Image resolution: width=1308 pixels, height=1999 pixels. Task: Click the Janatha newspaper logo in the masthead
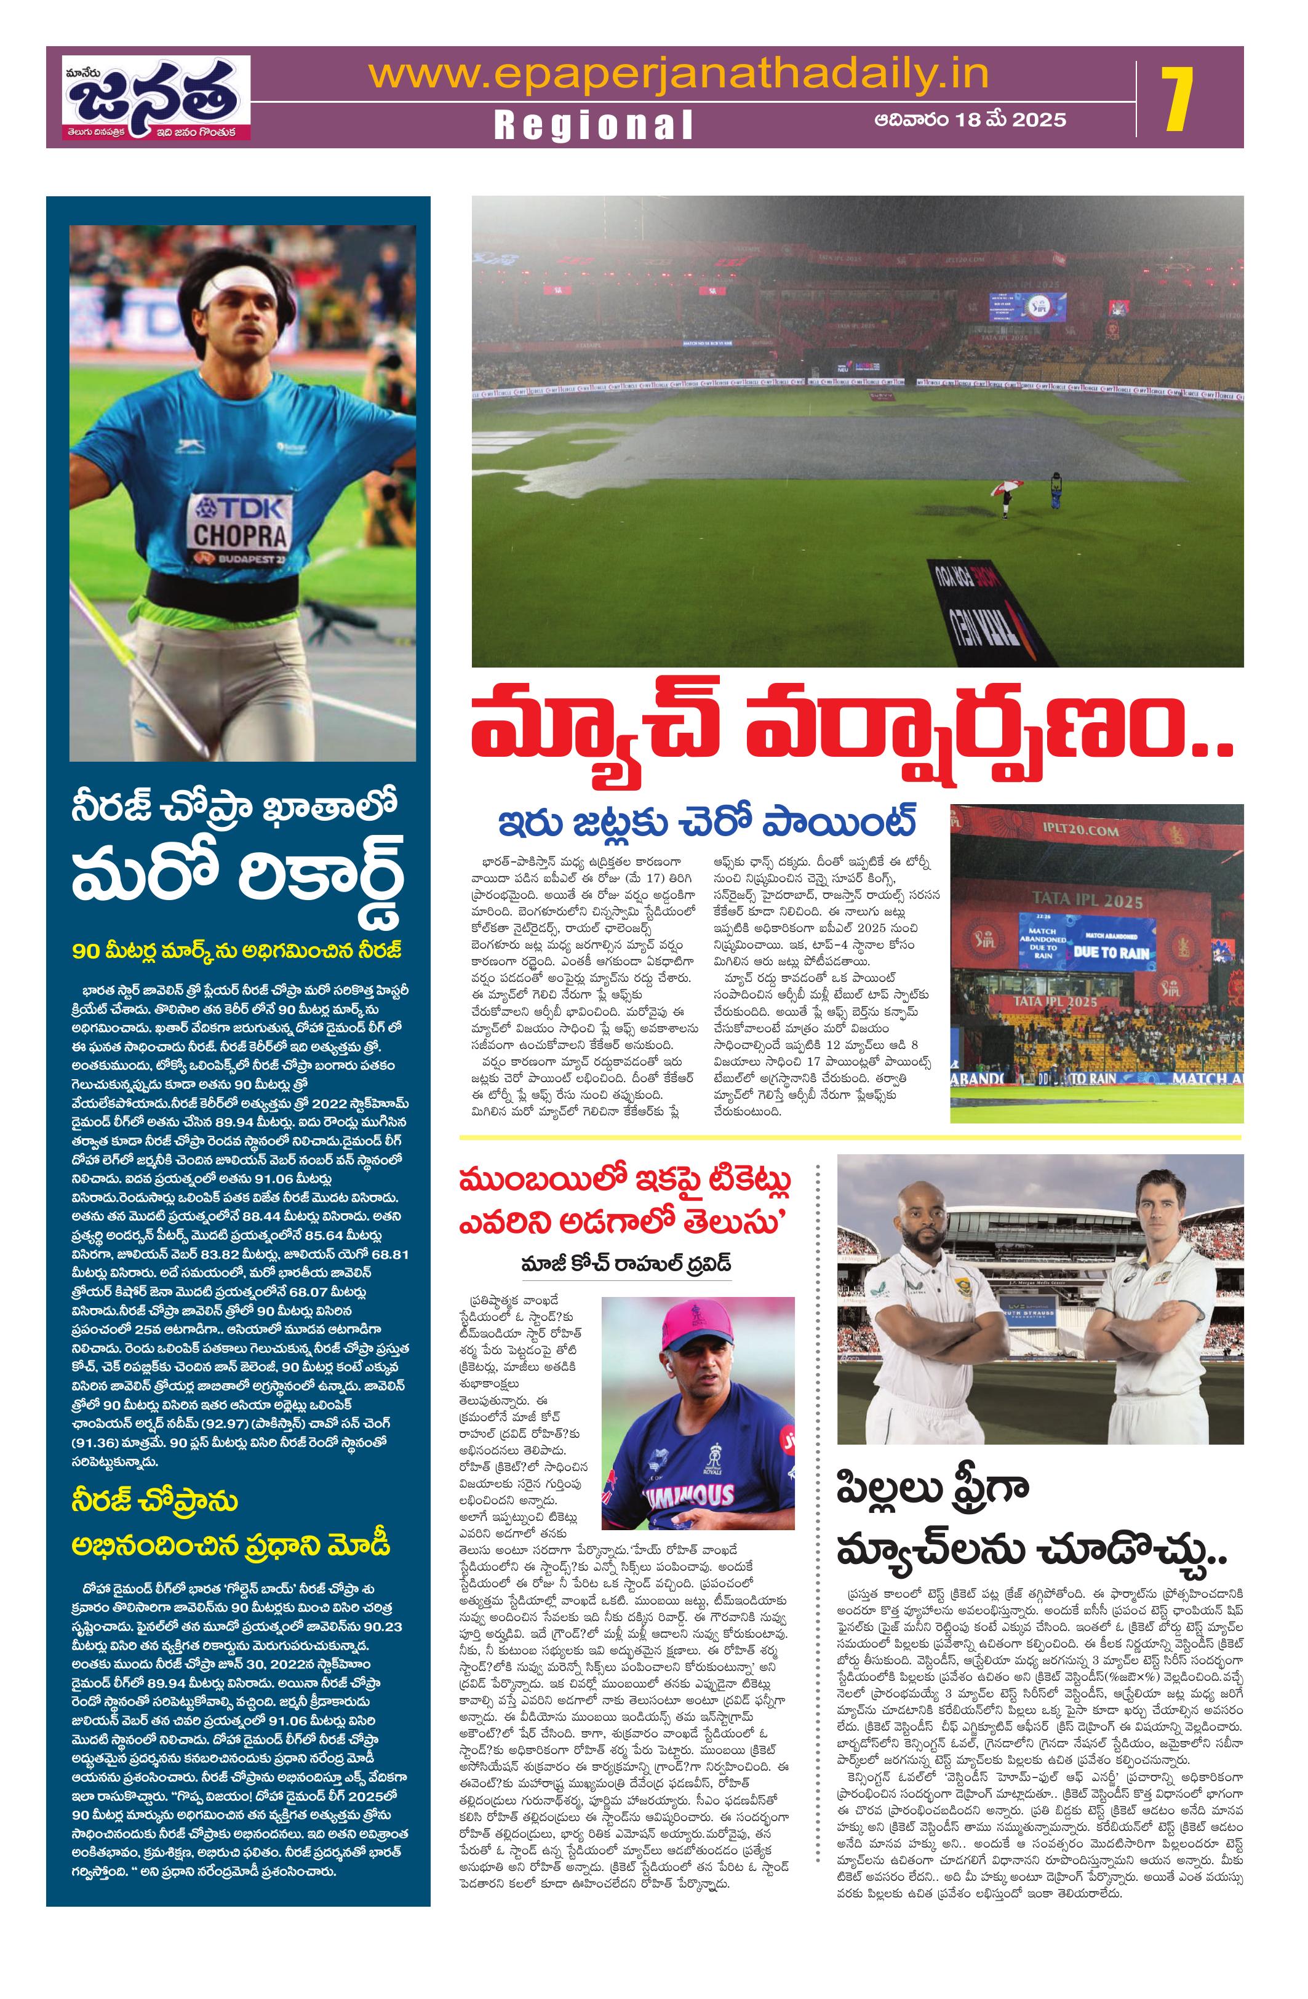[x=157, y=97]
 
